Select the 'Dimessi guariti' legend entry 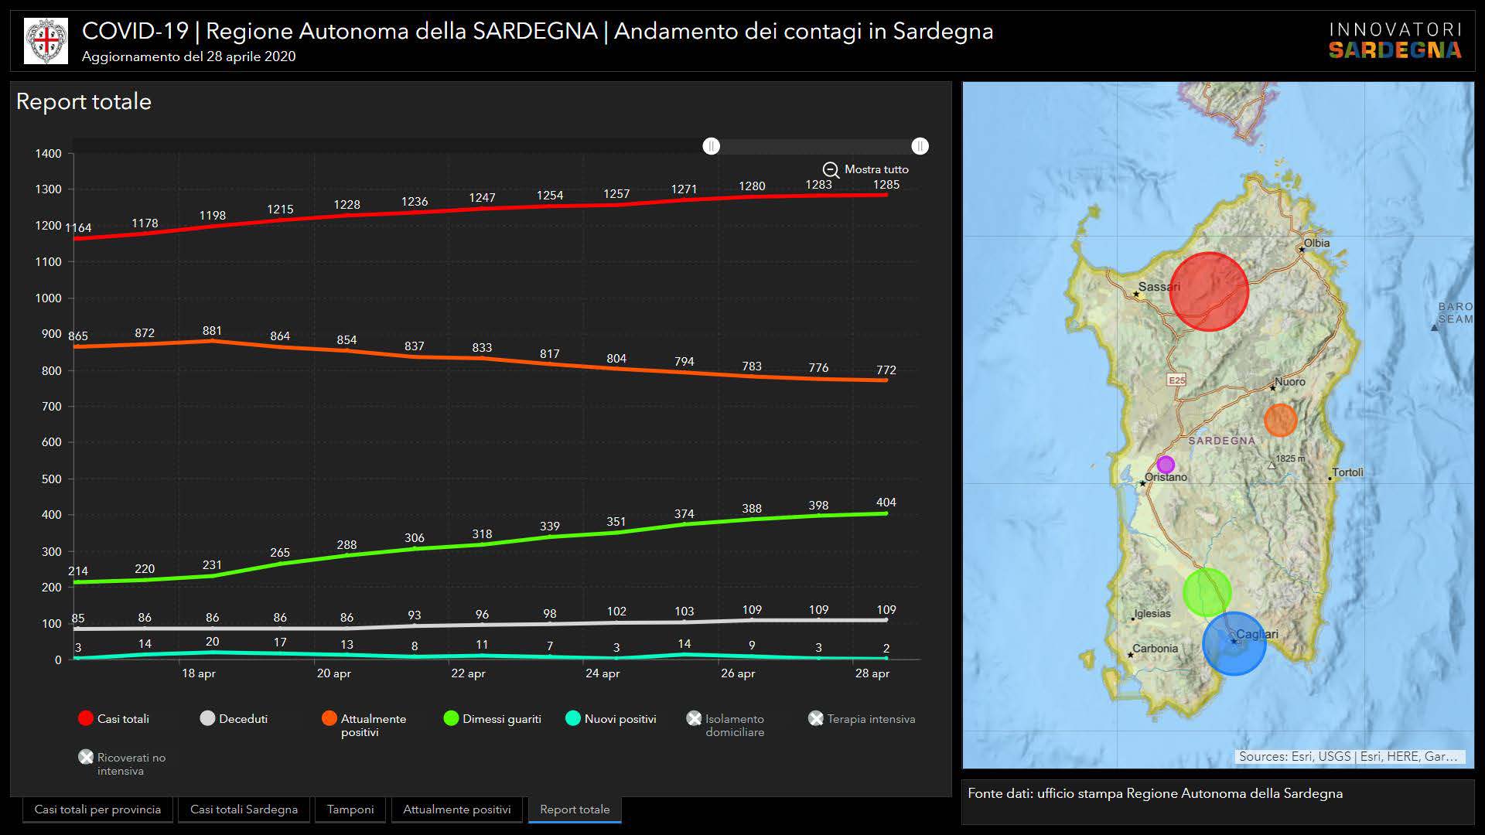click(493, 719)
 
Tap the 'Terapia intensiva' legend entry click(862, 719)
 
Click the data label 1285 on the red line click(886, 185)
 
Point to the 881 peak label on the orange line click(212, 331)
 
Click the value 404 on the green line click(886, 503)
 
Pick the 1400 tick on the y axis click(48, 154)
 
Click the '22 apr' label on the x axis click(468, 673)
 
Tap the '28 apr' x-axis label click(872, 673)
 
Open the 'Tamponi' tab click(350, 809)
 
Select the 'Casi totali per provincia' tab click(97, 809)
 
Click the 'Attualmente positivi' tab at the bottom click(456, 809)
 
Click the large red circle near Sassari click(1208, 291)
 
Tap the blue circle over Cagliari click(1234, 643)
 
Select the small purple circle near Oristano click(1166, 465)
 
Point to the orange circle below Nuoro click(1280, 420)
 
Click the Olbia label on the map click(1316, 243)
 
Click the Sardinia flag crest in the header click(46, 41)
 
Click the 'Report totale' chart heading click(84, 102)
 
